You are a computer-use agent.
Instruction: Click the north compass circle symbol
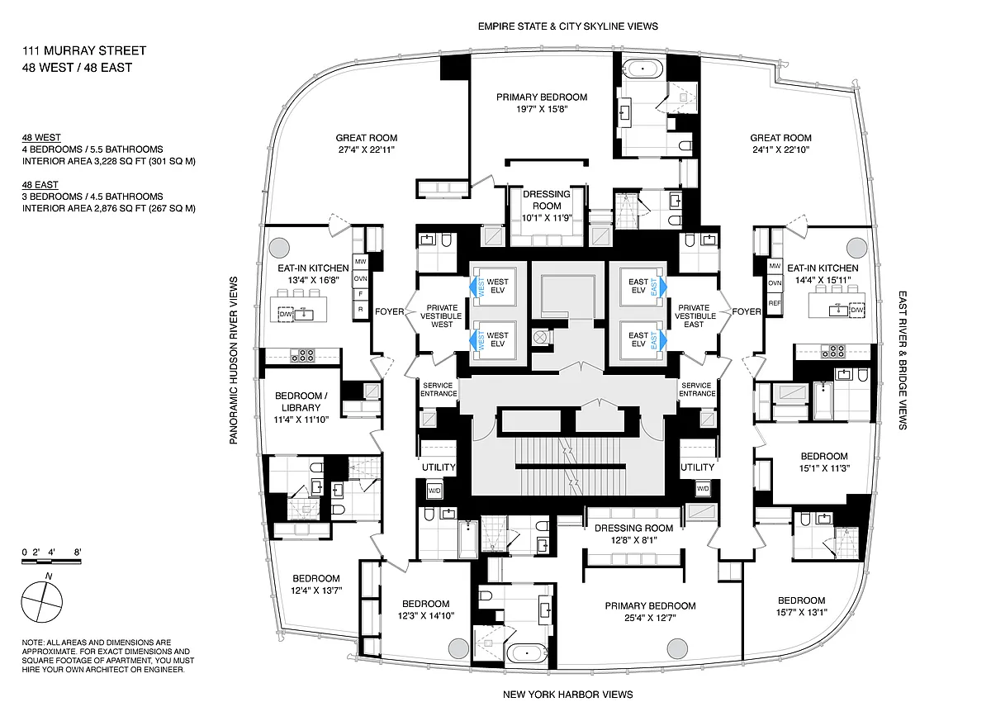tap(42, 601)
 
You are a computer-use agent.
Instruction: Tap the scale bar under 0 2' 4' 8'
tap(51, 562)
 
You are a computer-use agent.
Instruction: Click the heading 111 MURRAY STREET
tap(84, 50)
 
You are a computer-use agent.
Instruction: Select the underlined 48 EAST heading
tap(40, 185)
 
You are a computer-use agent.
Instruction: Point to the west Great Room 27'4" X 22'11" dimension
tap(367, 149)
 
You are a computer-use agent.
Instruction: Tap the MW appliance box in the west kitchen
tap(361, 262)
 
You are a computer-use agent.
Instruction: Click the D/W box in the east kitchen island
tap(857, 310)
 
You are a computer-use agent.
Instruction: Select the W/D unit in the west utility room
tap(434, 491)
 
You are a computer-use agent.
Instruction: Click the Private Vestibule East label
tap(694, 315)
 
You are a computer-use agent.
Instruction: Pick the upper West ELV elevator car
tap(495, 287)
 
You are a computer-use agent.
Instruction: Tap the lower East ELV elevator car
tap(642, 340)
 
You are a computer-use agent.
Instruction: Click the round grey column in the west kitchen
tap(279, 248)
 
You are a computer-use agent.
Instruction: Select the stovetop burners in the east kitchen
tap(833, 351)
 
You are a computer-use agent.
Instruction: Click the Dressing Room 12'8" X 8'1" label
tap(634, 534)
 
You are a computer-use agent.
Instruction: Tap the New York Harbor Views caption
tap(567, 695)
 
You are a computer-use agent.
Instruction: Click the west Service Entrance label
tap(439, 389)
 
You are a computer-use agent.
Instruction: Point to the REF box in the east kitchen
tap(775, 303)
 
